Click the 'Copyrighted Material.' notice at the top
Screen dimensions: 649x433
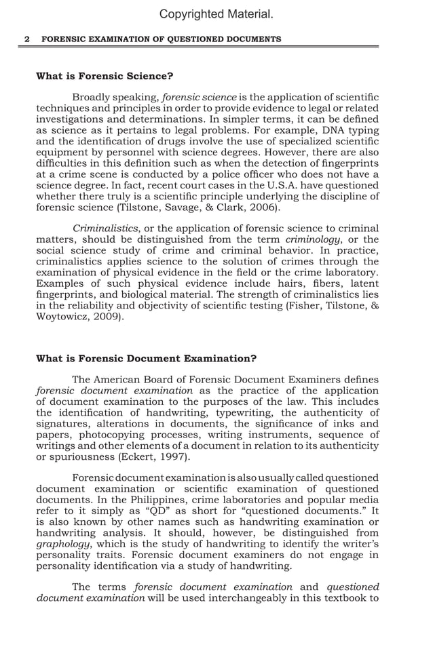pos(216,14)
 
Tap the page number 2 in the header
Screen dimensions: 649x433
pos(27,39)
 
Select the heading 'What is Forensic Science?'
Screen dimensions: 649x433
pos(105,76)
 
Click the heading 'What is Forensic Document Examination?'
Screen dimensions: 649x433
pos(146,358)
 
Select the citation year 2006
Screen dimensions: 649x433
pos(262,208)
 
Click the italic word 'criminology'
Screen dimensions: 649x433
pos(311,239)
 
